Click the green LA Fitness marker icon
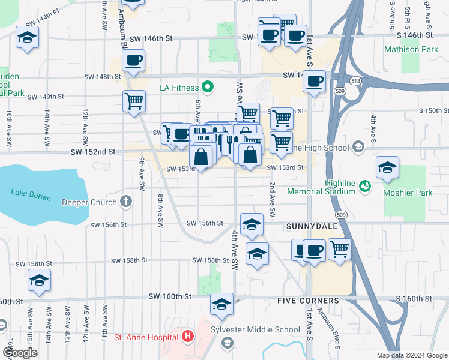click(x=208, y=88)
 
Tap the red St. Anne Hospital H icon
click(x=188, y=335)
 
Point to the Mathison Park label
click(x=411, y=49)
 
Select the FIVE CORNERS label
click(x=308, y=299)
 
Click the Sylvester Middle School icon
click(x=228, y=343)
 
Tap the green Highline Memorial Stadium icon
click(x=364, y=187)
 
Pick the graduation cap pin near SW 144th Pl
click(x=27, y=38)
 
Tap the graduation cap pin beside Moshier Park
click(x=388, y=167)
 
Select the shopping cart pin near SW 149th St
click(x=134, y=101)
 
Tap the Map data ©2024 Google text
click(x=411, y=355)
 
